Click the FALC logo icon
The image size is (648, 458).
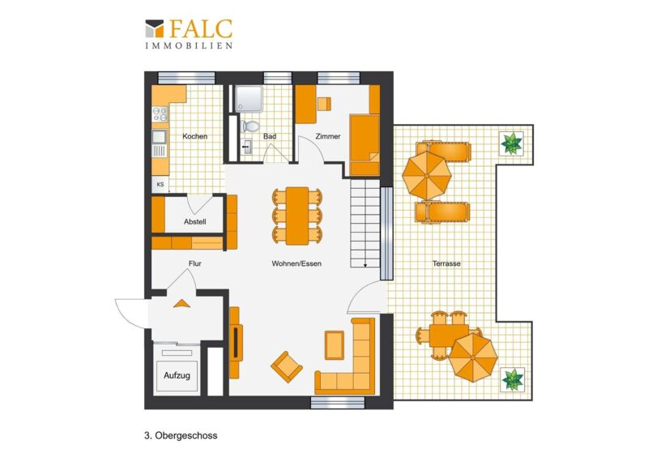coord(154,28)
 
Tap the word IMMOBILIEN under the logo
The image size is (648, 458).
coord(189,45)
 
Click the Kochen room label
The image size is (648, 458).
coord(195,136)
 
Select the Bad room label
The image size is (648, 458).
coord(270,136)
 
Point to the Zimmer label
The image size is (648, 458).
coord(328,136)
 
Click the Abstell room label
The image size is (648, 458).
coord(195,222)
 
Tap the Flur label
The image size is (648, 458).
coord(195,263)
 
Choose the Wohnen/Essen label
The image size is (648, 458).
coord(296,263)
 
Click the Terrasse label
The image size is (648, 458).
coord(446,263)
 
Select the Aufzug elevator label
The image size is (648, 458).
coord(177,375)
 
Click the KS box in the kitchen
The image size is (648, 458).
coord(160,185)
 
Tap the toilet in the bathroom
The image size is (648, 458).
coord(249,126)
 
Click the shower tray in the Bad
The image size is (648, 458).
coord(249,99)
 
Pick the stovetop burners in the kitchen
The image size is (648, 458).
coord(160,114)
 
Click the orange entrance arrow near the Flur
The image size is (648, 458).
coord(181,304)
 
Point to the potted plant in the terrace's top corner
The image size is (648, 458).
coord(512,143)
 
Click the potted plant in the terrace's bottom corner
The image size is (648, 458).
coord(513,379)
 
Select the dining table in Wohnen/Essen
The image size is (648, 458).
coord(297,216)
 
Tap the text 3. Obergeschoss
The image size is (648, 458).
coord(181,435)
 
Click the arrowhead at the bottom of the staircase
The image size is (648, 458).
coord(365,265)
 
